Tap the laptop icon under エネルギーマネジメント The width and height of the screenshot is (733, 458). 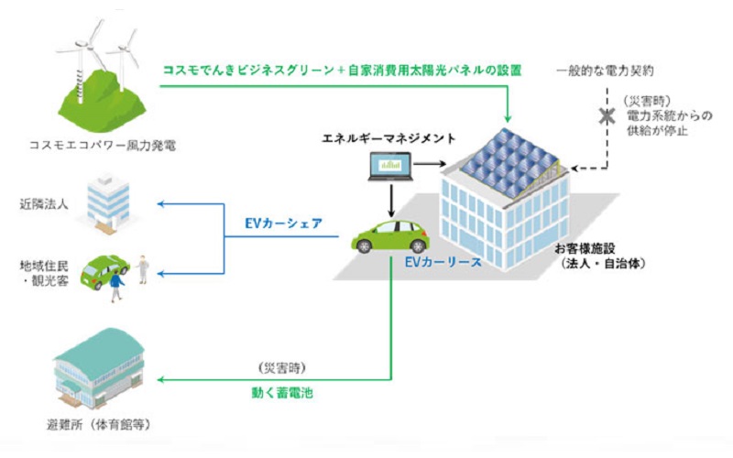[x=387, y=168]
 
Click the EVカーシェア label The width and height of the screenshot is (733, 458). [x=283, y=221]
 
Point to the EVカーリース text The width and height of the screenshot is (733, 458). [x=443, y=261]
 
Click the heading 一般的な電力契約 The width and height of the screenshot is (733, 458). [x=606, y=71]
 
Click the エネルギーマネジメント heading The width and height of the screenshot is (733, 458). [x=388, y=137]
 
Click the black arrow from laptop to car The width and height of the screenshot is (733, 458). [x=390, y=198]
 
